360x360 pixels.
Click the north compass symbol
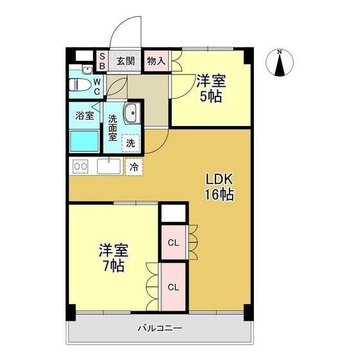(x=280, y=62)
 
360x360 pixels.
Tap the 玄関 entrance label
(x=125, y=61)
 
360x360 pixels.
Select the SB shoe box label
(x=102, y=61)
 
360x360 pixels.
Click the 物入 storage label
(x=156, y=61)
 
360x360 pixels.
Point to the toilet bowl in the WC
(x=80, y=85)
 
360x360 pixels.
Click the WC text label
(x=97, y=87)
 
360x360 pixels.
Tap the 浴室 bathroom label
(x=85, y=116)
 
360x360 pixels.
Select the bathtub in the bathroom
(x=84, y=141)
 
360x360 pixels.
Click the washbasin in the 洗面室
(x=132, y=113)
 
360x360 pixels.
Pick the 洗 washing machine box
(x=130, y=143)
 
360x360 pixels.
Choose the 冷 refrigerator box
(x=134, y=167)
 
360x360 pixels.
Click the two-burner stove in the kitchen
(x=80, y=166)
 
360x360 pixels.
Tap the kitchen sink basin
(x=109, y=166)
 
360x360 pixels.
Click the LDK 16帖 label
(x=219, y=186)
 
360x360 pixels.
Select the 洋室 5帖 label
(x=211, y=89)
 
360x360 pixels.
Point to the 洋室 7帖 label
(x=114, y=258)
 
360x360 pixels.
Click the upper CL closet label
(x=174, y=243)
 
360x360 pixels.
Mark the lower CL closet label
(x=174, y=287)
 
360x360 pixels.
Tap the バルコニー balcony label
(x=160, y=328)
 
